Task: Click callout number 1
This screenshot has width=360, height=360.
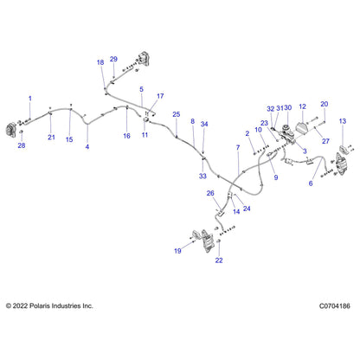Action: point(30,99)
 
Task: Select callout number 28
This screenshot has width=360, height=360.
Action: point(22,145)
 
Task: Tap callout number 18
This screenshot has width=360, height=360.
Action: point(100,62)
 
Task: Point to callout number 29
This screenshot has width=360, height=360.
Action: point(113,59)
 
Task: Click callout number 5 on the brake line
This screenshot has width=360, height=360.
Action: point(141,89)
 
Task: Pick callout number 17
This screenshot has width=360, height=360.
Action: point(160,96)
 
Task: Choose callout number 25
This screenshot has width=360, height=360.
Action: point(177,114)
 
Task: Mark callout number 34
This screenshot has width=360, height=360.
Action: point(204,124)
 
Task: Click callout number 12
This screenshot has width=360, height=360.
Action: point(302,106)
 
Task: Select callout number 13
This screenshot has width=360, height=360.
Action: point(343,121)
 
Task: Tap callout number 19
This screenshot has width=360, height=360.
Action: point(177,251)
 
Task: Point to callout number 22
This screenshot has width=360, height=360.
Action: point(219,260)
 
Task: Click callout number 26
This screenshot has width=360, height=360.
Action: point(210,193)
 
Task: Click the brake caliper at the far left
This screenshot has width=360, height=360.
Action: point(11,130)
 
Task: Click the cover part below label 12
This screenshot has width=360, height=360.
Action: point(301,128)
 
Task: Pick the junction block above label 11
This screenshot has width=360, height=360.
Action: point(146,119)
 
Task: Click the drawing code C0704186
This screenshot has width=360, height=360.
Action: point(335,305)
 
